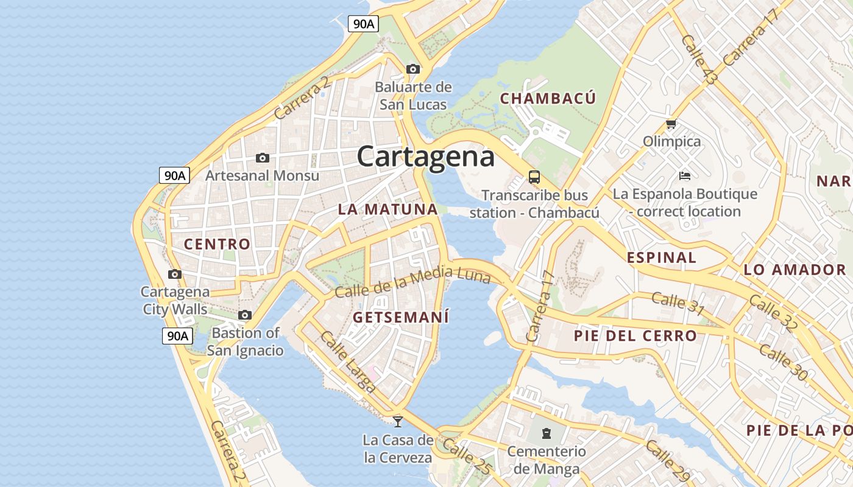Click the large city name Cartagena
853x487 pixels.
pyautogui.click(x=425, y=156)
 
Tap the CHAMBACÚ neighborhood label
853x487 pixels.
pyautogui.click(x=548, y=98)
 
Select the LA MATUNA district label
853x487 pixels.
pyautogui.click(x=388, y=209)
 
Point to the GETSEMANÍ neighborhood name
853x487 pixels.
pyautogui.click(x=400, y=317)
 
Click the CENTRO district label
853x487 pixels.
pyautogui.click(x=217, y=244)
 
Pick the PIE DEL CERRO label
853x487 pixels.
pyautogui.click(x=635, y=335)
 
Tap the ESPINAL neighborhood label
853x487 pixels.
pyautogui.click(x=661, y=257)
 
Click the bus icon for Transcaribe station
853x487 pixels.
pyautogui.click(x=534, y=177)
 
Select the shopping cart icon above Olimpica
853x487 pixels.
pyautogui.click(x=671, y=124)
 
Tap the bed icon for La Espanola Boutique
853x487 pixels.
pyautogui.click(x=685, y=176)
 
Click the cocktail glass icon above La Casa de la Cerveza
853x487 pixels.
pyautogui.click(x=398, y=421)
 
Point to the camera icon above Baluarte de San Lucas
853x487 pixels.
pyautogui.click(x=413, y=69)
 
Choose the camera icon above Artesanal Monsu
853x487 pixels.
pyautogui.click(x=263, y=158)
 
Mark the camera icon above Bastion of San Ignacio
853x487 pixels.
pyautogui.click(x=245, y=315)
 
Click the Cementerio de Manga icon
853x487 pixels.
pyautogui.click(x=547, y=433)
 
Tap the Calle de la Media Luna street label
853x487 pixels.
pyautogui.click(x=412, y=282)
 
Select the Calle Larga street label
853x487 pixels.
pyautogui.click(x=348, y=362)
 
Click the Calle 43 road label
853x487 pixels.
pyautogui.click(x=699, y=59)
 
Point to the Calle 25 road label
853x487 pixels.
pyautogui.click(x=467, y=456)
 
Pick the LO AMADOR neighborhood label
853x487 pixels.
pyautogui.click(x=795, y=270)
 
